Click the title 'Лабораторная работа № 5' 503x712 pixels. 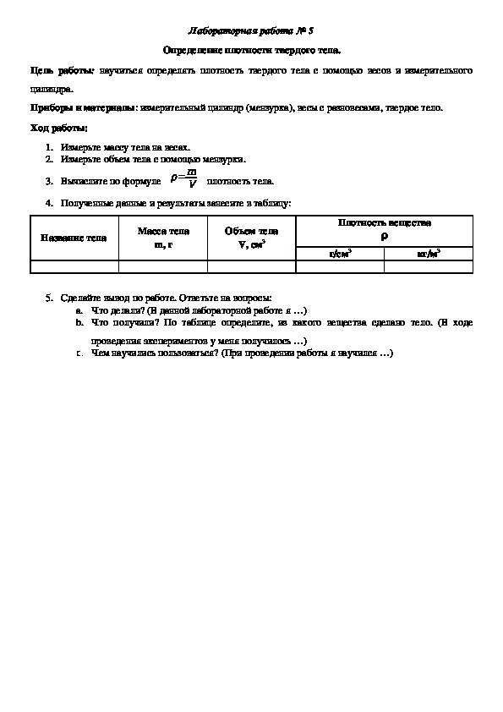coord(251,31)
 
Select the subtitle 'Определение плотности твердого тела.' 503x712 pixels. coord(251,51)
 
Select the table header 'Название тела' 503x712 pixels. coord(74,238)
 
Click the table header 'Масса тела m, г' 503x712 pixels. coord(162,238)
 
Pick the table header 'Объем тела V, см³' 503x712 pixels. coord(251,238)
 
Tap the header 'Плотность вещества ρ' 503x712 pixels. coord(384,229)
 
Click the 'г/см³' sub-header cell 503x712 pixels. coord(340,253)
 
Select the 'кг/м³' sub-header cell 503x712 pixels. coord(429,253)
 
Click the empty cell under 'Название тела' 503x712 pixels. coord(74,266)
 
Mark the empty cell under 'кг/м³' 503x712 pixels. coord(429,266)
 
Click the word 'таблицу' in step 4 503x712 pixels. coord(272,203)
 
